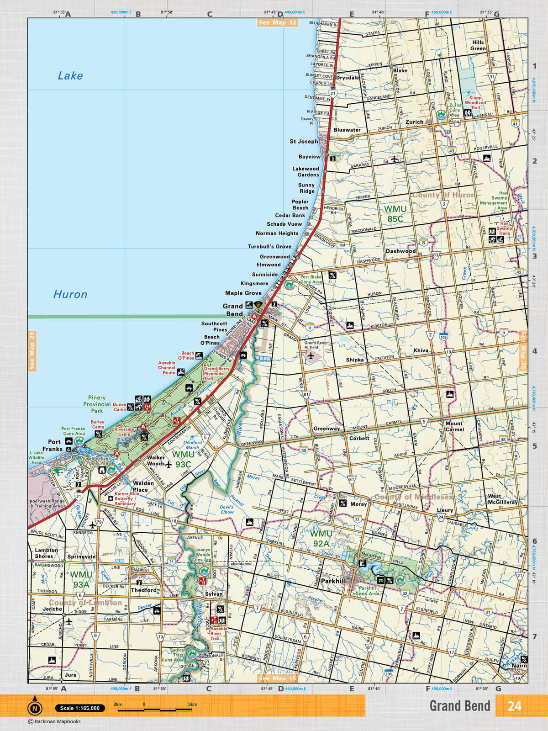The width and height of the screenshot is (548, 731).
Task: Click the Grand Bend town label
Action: coord(233,310)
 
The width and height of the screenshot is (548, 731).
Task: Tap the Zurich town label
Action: coord(414,122)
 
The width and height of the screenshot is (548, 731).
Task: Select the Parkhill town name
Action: coord(333,581)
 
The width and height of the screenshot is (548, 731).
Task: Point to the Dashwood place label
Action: coord(400,251)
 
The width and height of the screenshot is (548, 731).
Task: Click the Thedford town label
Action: coord(144,590)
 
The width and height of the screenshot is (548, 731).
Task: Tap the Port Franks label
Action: coord(53,445)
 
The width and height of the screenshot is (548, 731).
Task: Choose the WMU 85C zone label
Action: coord(395,214)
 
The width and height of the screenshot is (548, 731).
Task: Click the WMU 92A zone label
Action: coord(321,538)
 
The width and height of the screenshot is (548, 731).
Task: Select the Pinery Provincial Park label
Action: coord(97,404)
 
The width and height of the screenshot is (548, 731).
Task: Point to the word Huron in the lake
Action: coord(70,294)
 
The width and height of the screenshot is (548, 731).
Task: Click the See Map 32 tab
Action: coord(277,22)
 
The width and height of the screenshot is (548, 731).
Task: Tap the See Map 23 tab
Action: coord(32,350)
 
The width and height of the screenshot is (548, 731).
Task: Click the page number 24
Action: coord(514,706)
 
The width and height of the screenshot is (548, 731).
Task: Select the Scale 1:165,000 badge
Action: coord(79,708)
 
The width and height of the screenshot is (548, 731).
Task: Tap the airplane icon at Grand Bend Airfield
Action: coord(311,355)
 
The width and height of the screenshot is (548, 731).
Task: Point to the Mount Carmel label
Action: coord(454,426)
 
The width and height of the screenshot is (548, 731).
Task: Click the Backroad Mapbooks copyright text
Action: coord(54,721)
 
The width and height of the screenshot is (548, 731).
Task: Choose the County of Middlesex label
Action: coord(414,497)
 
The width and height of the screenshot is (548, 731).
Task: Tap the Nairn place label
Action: coord(519,666)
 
